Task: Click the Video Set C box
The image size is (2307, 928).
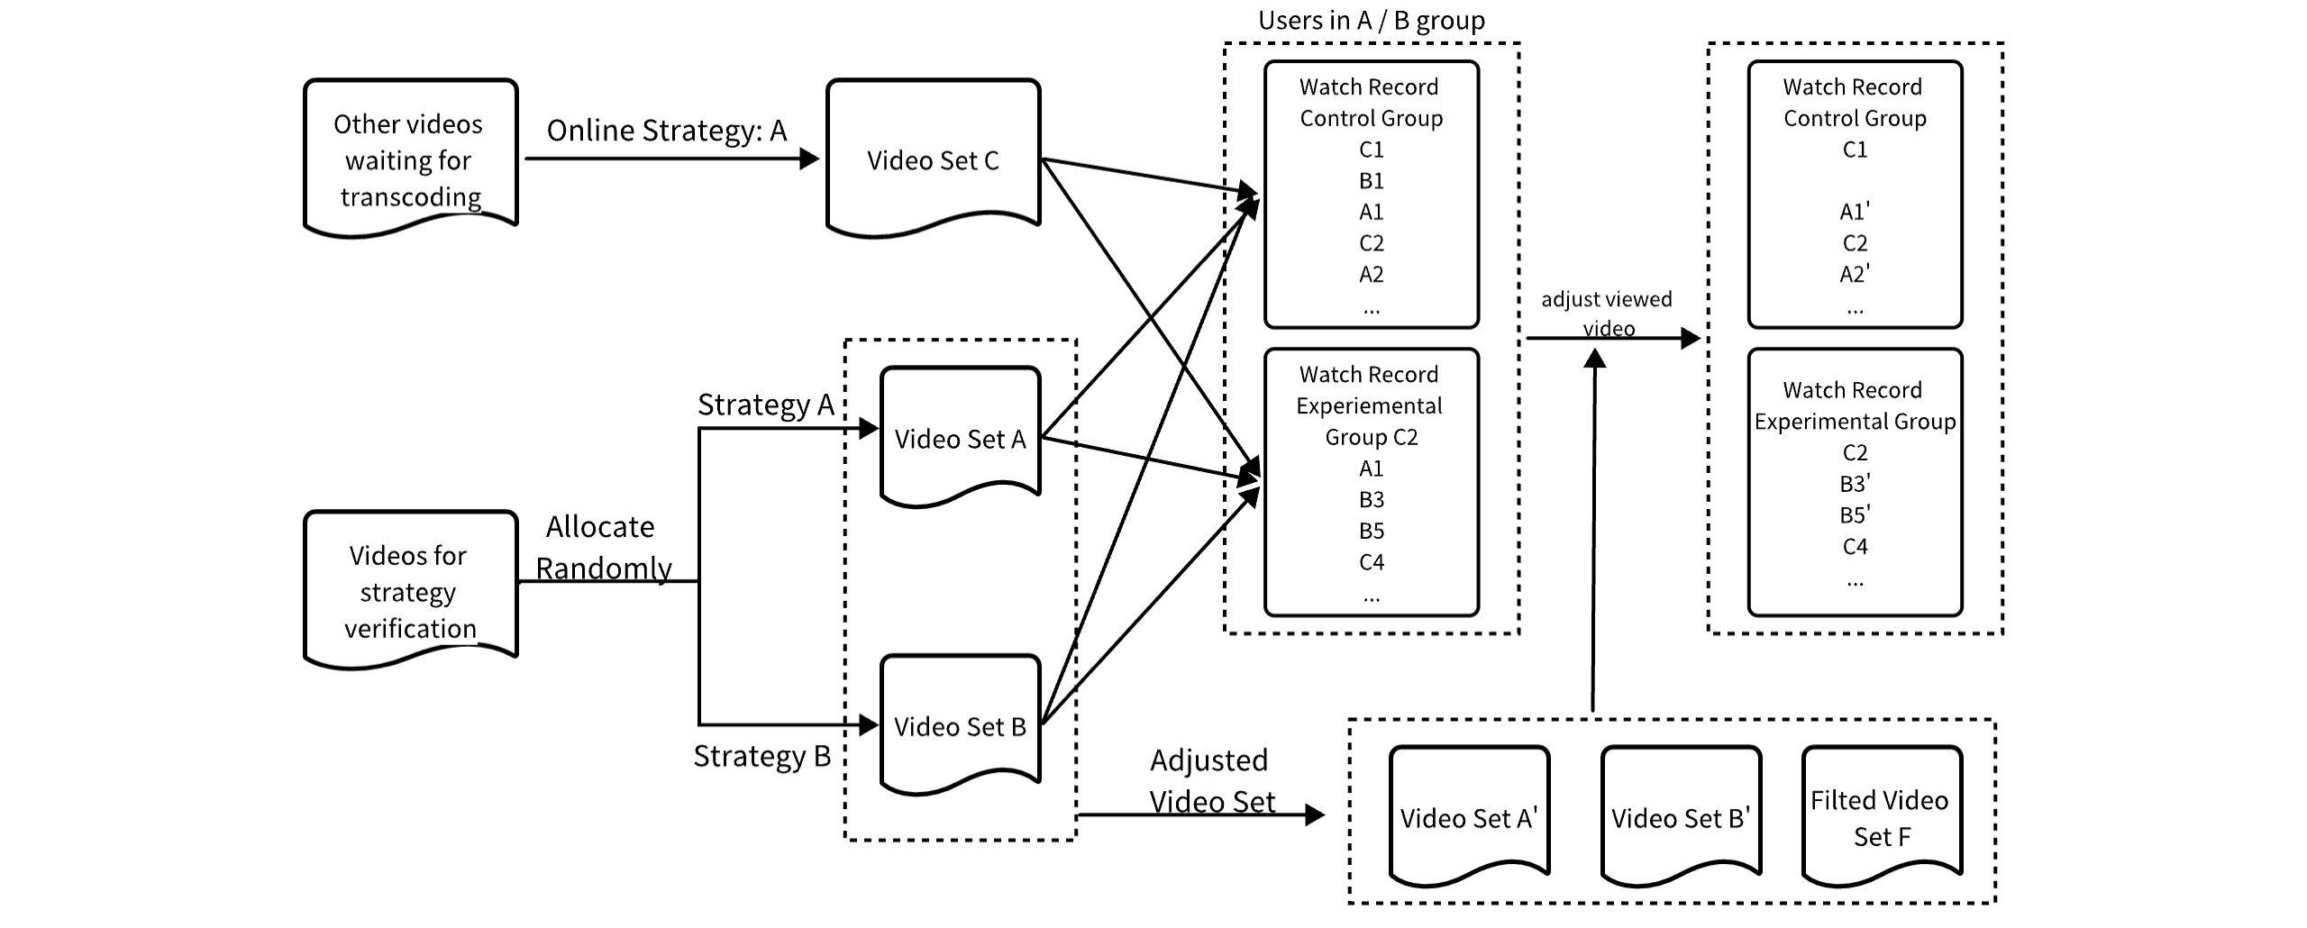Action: [x=933, y=158]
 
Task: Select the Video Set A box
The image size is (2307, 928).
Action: [x=960, y=437]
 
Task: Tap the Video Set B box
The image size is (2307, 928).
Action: [x=960, y=724]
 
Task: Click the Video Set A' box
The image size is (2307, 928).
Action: [x=1469, y=815]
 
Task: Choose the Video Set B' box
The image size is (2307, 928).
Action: [x=1681, y=815]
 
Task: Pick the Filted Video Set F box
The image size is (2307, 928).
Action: [x=1882, y=815]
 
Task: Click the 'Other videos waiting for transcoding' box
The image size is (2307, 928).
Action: [x=410, y=158]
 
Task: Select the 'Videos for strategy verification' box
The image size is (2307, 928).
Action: [x=410, y=590]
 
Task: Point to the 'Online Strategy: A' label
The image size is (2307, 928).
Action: [x=667, y=131]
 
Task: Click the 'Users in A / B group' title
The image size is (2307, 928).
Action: [x=1372, y=20]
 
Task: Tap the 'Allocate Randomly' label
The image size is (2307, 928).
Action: [x=603, y=547]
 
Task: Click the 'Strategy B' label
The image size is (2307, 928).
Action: [x=761, y=756]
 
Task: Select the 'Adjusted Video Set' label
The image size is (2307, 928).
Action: [x=1212, y=780]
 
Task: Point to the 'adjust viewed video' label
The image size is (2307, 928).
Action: [x=1607, y=313]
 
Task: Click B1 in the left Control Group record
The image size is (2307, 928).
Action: [x=1371, y=181]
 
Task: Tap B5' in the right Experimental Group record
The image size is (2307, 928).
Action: [x=1855, y=514]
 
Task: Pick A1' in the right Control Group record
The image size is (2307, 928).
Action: [x=1855, y=212]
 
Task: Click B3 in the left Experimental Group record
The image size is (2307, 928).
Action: [x=1371, y=499]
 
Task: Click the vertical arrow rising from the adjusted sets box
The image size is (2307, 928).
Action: [x=1594, y=531]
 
